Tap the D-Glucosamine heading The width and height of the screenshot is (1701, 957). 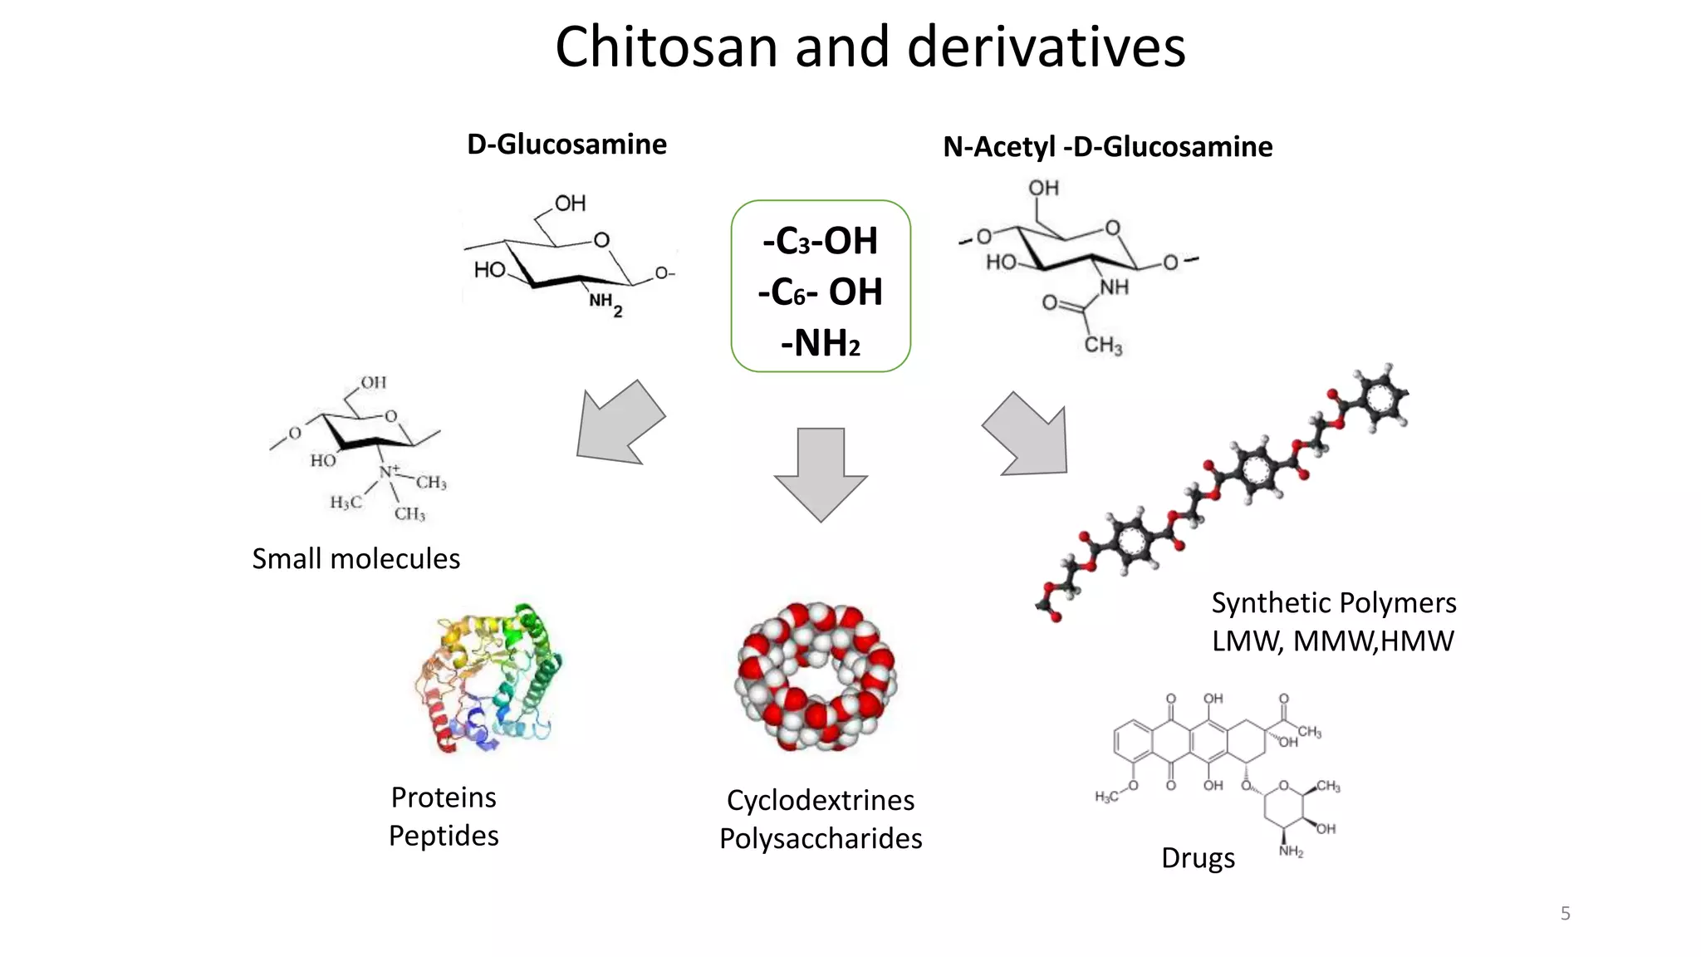(566, 145)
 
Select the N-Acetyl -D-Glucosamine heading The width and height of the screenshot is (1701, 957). (1107, 147)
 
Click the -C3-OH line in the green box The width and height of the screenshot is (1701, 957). (820, 241)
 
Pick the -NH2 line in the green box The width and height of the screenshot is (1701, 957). (820, 343)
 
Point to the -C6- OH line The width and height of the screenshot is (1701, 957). (820, 292)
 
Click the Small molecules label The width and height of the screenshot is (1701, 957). (355, 559)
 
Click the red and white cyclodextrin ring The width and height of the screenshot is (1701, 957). (816, 677)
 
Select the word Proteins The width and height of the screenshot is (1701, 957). (444, 797)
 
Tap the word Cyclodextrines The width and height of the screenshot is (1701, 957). (821, 801)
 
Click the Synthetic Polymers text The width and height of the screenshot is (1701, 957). (1333, 603)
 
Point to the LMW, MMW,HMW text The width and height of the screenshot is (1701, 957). (1332, 641)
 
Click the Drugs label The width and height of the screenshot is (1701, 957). (1198, 858)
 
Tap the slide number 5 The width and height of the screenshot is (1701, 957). (1565, 914)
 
